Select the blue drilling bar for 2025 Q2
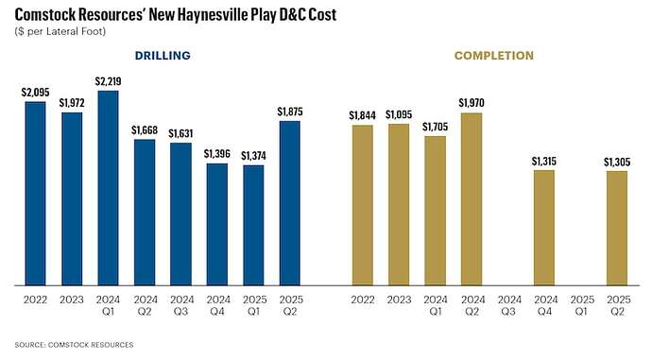[290, 202]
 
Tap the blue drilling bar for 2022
[35, 193]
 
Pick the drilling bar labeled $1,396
[217, 224]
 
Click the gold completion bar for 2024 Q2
[472, 198]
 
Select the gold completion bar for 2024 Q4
[543, 227]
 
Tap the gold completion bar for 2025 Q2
[616, 228]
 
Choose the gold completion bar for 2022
[362, 204]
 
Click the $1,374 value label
[253, 156]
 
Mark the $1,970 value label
[472, 103]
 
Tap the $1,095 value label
[399, 115]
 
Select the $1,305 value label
[616, 162]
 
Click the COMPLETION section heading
[489, 56]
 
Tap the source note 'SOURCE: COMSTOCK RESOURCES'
[75, 345]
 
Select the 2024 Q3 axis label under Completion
[507, 304]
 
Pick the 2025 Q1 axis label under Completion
[580, 304]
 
